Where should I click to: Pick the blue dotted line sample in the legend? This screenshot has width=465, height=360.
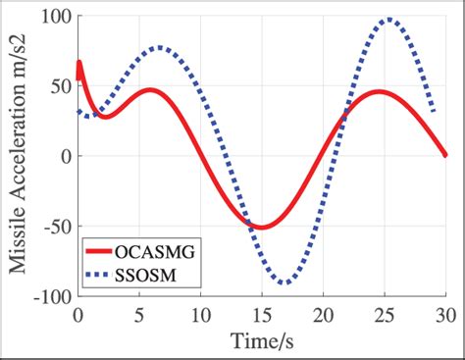pos(102,277)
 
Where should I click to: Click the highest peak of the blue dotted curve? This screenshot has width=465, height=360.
pos(389,19)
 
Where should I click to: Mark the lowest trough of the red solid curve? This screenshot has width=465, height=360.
pos(261,228)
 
